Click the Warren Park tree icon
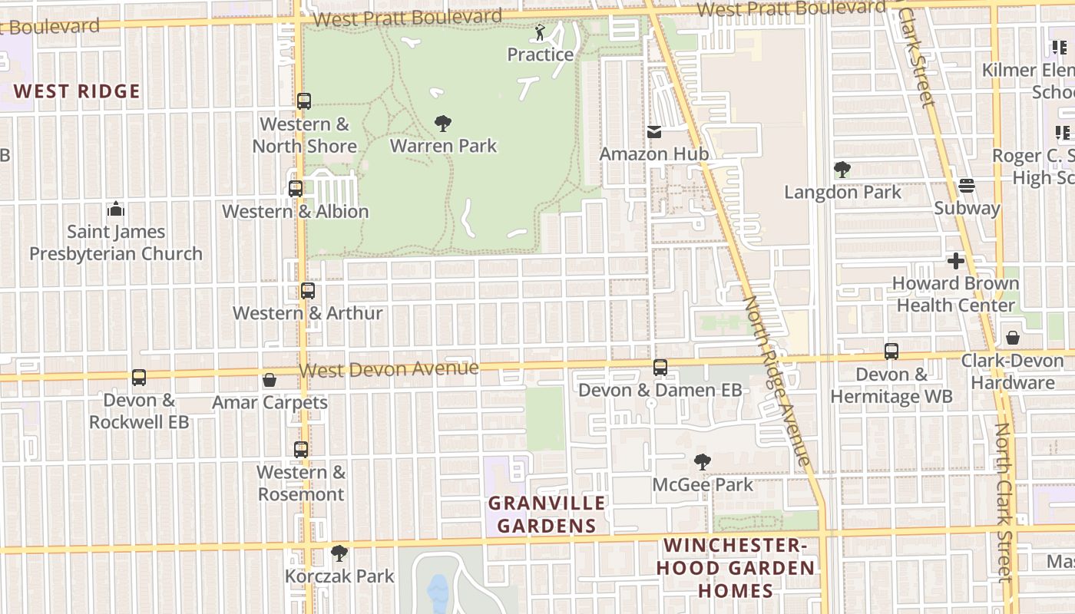[443, 123]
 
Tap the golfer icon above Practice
[540, 32]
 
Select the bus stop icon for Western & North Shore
[304, 101]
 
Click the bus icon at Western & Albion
[296, 189]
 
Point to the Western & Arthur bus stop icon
[308, 291]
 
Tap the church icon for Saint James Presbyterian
[116, 209]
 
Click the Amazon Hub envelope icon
[654, 132]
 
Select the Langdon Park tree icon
[842, 170]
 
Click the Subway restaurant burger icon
[967, 186]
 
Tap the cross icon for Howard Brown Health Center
[956, 261]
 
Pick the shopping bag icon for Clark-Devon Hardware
[1013, 338]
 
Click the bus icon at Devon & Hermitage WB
[891, 352]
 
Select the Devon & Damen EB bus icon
[660, 368]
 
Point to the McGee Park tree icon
[702, 462]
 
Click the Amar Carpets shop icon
[270, 380]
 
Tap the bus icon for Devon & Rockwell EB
[139, 378]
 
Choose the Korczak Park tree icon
[339, 553]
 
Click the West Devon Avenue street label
[389, 369]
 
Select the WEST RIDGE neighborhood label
[77, 91]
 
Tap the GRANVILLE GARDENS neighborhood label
[547, 514]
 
